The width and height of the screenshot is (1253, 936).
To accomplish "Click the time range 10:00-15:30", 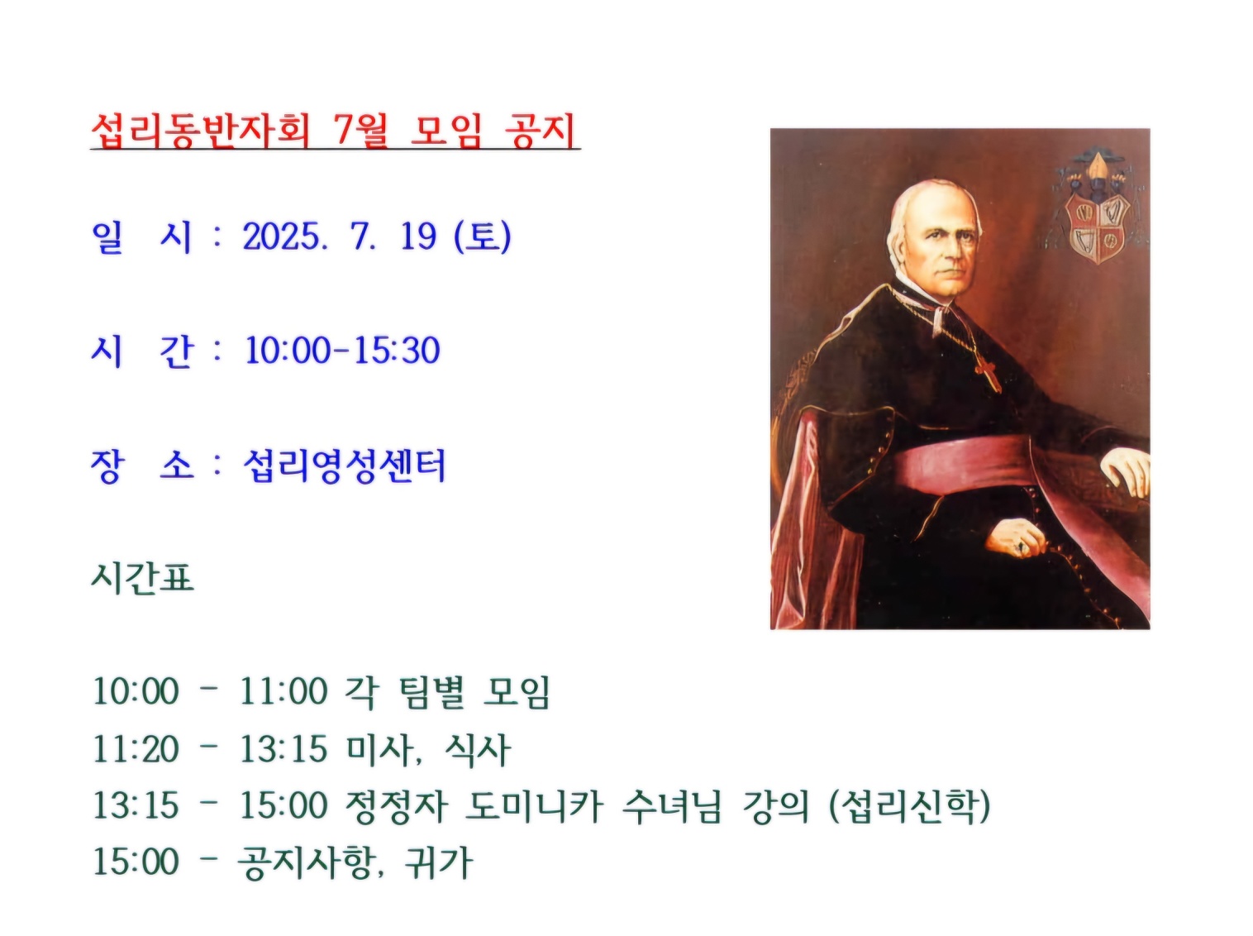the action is click(x=342, y=350).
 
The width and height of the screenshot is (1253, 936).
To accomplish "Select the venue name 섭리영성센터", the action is click(x=344, y=466).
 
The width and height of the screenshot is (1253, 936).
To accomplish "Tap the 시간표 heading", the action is click(x=143, y=578).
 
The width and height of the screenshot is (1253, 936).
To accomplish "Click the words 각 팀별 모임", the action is click(x=447, y=692).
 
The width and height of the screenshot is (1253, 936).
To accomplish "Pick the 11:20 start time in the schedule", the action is click(x=136, y=748).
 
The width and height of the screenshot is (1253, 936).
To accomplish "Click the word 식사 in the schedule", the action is click(x=478, y=748).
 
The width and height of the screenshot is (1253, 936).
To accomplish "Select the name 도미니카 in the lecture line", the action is click(x=534, y=805).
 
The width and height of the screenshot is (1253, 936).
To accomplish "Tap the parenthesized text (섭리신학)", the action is click(x=909, y=805).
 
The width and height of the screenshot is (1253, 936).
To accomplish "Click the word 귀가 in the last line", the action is click(x=439, y=862).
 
